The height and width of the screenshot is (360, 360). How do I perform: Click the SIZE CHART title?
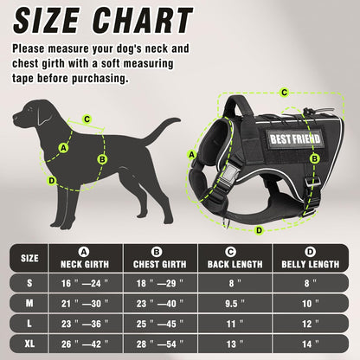102,20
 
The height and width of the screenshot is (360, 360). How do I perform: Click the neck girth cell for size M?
85,304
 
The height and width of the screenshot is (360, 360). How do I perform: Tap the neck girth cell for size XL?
85,344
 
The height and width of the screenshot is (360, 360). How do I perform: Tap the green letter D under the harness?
258,230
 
